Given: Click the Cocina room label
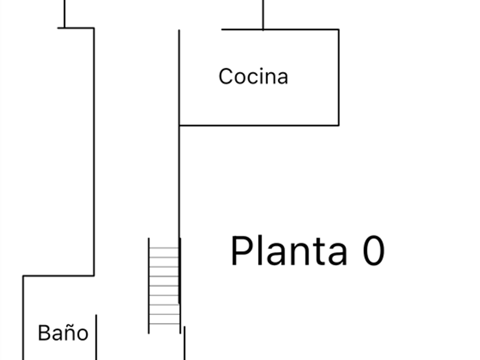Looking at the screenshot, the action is click(x=253, y=77).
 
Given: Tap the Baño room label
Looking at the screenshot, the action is click(x=63, y=333).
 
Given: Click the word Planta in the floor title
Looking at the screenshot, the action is click(x=289, y=251).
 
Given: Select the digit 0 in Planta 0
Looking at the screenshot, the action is click(x=374, y=251).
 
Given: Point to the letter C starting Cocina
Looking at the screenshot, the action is click(x=226, y=77).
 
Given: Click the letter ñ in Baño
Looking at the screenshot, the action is click(x=70, y=333).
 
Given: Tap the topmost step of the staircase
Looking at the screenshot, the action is click(x=164, y=247).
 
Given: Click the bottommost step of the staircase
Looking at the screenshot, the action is click(x=165, y=323).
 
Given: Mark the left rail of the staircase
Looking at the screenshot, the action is click(x=149, y=285).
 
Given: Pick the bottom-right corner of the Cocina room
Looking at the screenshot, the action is click(x=338, y=125).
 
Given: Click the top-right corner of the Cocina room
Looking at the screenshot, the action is click(x=338, y=29).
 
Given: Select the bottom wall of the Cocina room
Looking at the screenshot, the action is click(x=259, y=125).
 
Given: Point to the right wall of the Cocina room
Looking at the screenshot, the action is click(x=338, y=77).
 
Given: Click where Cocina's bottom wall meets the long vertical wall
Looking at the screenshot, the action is click(x=179, y=125).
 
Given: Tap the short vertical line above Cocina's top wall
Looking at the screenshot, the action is click(x=263, y=15).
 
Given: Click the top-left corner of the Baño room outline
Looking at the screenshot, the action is click(x=23, y=276).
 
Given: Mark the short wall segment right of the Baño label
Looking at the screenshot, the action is click(x=96, y=337).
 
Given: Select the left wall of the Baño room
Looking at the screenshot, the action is click(x=23, y=318).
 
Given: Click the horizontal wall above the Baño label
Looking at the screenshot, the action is click(x=58, y=276).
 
